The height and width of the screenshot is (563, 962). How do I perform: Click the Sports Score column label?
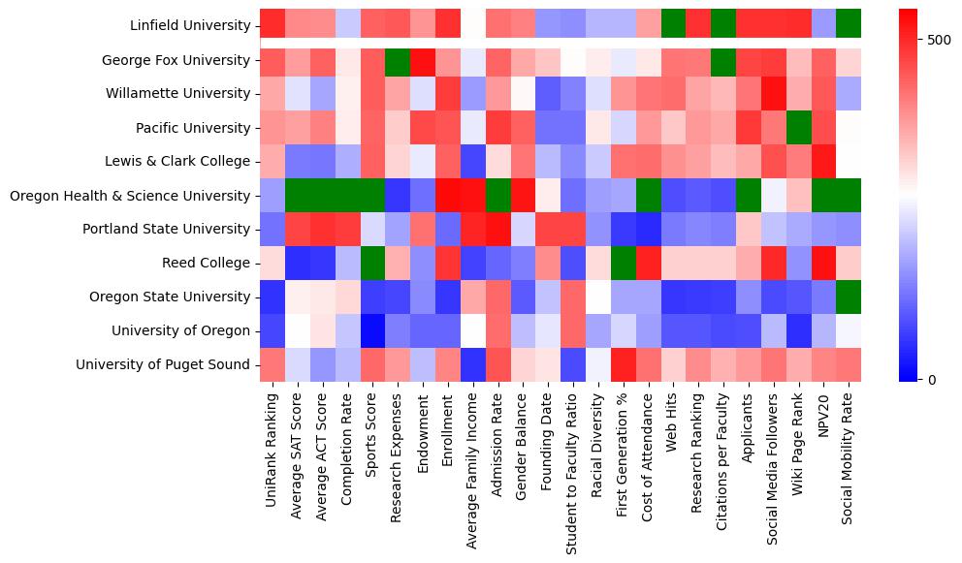pos(371,436)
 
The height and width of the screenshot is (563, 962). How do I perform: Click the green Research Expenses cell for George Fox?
pos(397,60)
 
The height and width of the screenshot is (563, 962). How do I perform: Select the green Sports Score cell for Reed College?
pos(371,264)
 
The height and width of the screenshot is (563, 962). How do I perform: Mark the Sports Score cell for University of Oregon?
pos(371,331)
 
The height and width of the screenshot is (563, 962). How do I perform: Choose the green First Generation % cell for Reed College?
pos(623,264)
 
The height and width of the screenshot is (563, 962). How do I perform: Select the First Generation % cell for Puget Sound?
pos(623,365)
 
